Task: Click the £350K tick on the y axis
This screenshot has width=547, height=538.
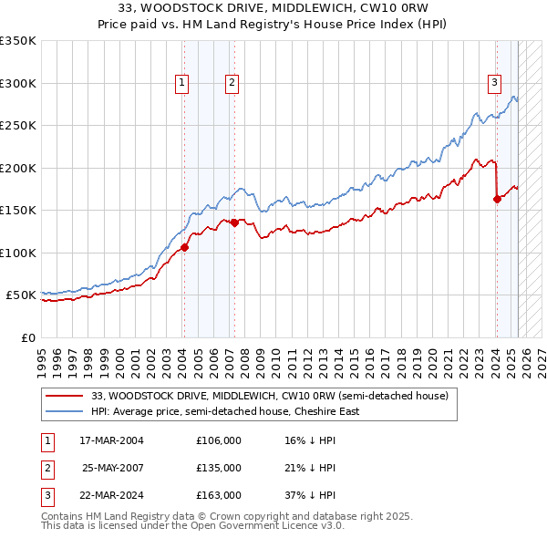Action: tap(18, 41)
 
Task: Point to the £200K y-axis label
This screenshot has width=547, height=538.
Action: tap(18, 168)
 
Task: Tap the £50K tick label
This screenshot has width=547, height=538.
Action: tap(21, 295)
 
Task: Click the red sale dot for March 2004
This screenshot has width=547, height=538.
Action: tap(184, 247)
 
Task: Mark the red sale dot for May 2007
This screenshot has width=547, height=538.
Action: tap(234, 222)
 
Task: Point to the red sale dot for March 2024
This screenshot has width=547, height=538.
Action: tap(497, 199)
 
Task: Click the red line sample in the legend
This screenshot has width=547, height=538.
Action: tap(66, 397)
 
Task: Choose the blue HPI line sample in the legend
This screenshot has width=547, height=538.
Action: tap(66, 411)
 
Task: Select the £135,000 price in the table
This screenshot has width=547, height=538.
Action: tap(219, 468)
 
